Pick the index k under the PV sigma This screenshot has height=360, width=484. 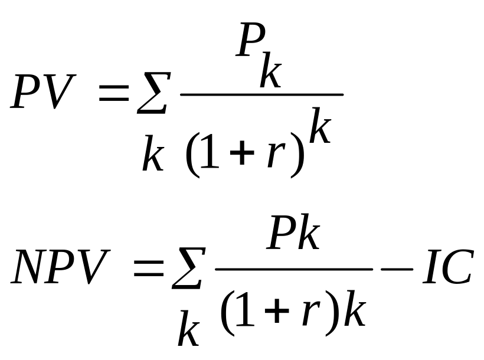pos(153,156)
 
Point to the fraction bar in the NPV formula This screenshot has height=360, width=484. pos(293,269)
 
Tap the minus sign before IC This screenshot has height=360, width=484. pos(395,270)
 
